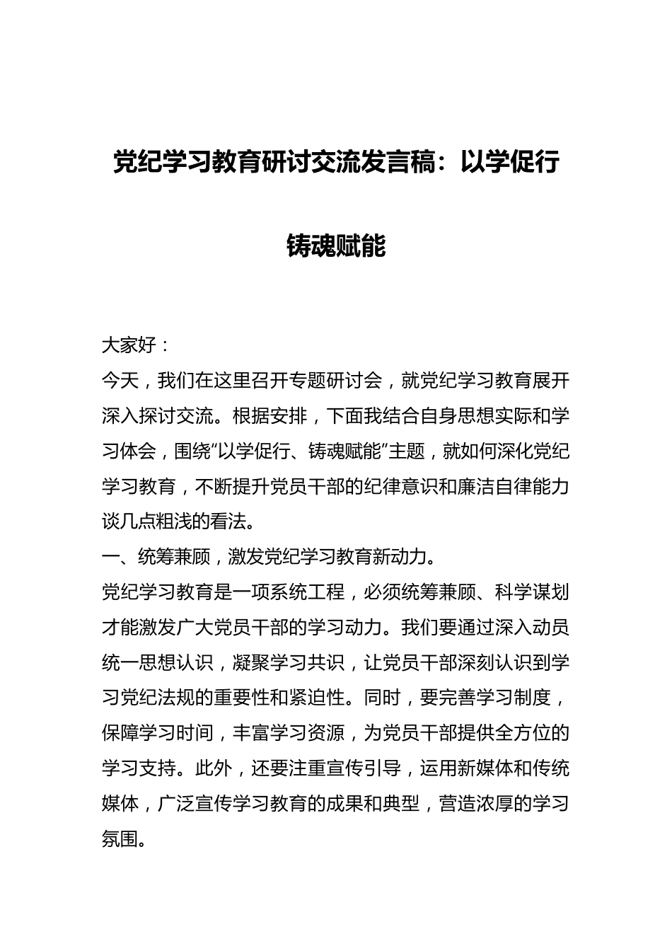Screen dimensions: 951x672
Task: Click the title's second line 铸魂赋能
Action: pos(336,246)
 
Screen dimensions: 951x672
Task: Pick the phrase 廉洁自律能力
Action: pos(514,487)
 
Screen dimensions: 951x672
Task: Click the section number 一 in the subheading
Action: pos(110,558)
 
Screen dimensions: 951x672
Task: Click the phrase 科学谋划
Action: pos(532,592)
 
